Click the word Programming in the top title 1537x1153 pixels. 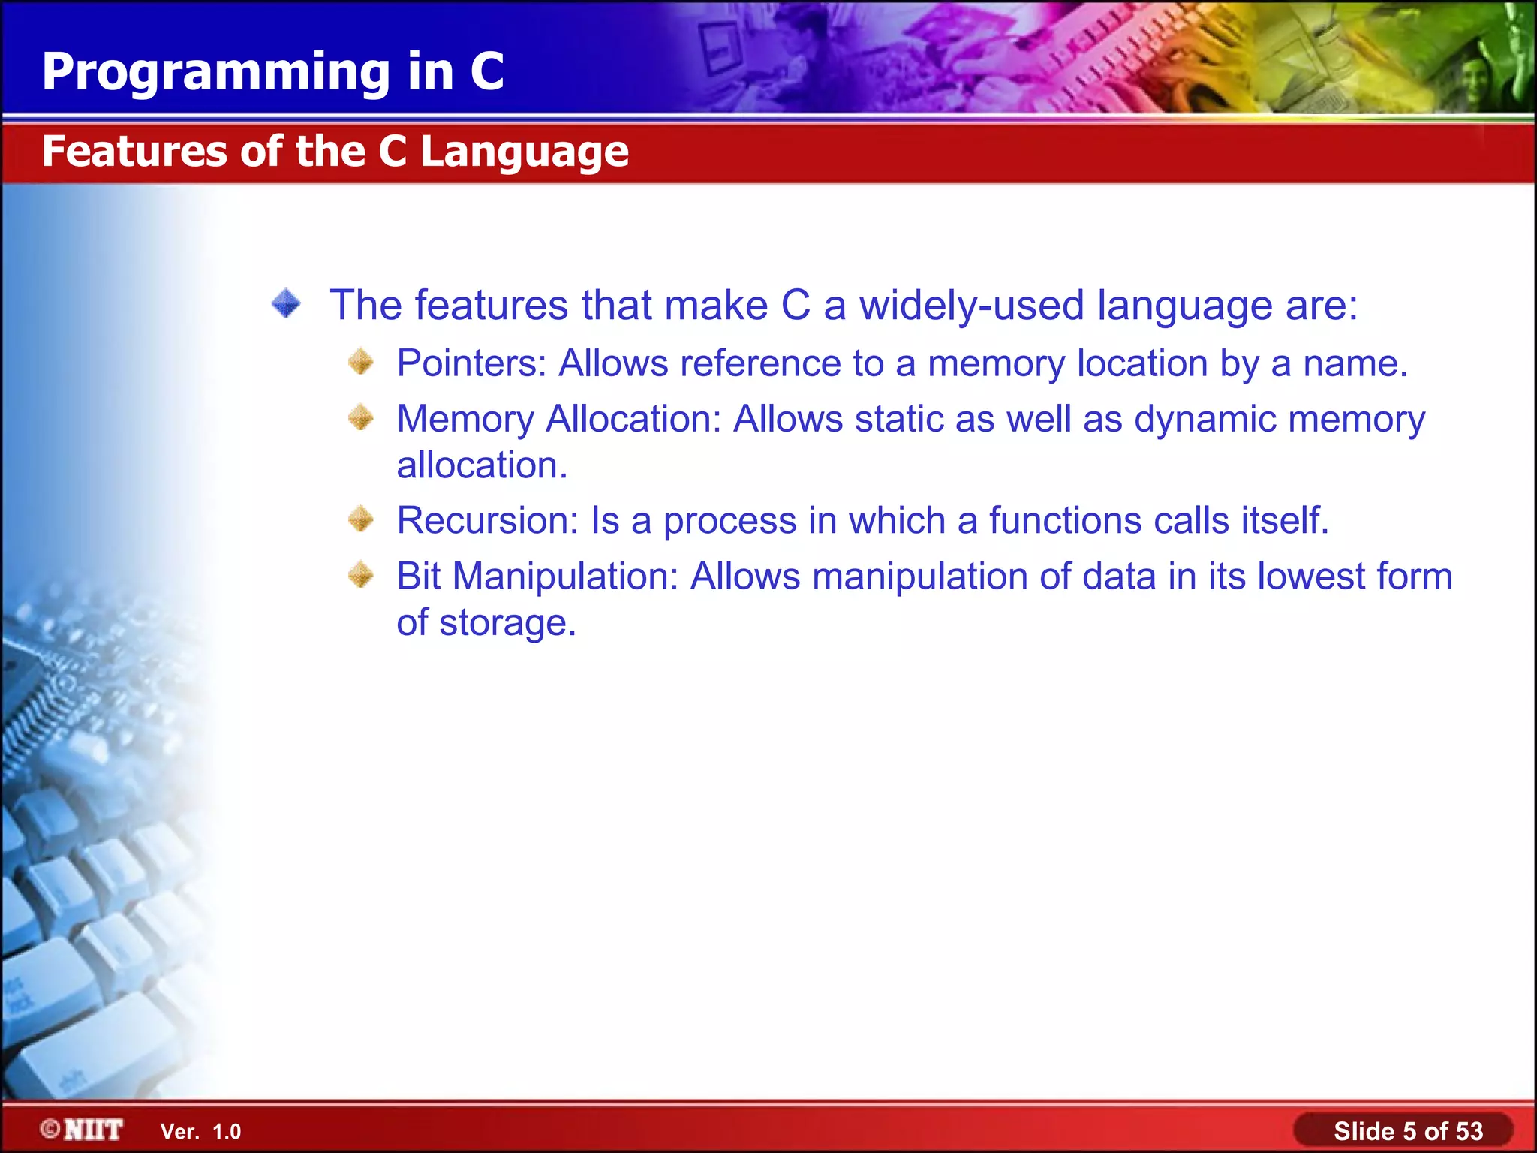[216, 73]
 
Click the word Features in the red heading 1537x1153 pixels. [133, 152]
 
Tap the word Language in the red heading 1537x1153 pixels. [524, 152]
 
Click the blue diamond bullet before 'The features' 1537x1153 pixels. [286, 304]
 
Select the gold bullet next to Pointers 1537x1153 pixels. [361, 362]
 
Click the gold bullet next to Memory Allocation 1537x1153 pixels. [361, 417]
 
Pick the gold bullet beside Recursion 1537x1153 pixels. [361, 519]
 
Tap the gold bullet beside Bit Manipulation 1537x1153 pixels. [361, 575]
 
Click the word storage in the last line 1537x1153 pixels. [507, 623]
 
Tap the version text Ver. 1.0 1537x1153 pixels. [200, 1132]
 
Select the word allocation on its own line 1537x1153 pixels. [481, 465]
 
